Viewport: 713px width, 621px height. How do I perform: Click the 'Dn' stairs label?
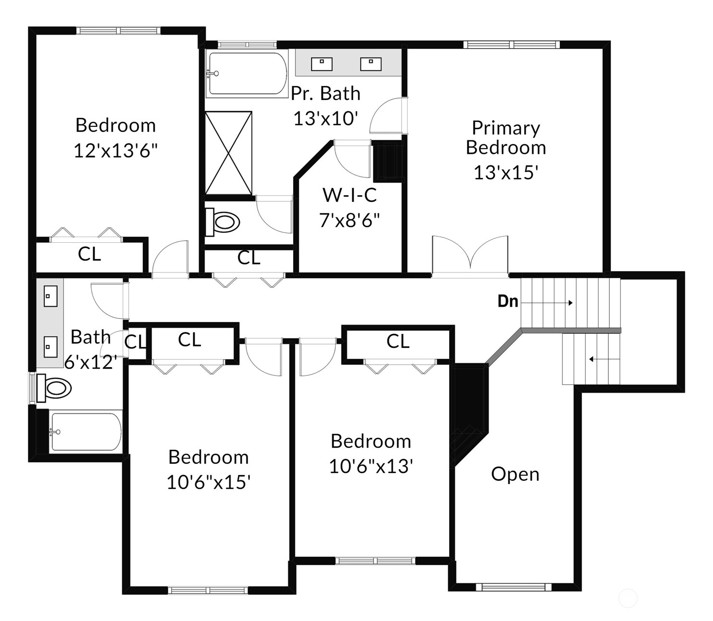point(507,301)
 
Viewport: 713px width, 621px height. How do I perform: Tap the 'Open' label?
point(515,474)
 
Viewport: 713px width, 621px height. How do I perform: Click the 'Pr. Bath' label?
point(325,93)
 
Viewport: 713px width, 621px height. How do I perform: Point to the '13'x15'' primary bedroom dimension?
point(506,172)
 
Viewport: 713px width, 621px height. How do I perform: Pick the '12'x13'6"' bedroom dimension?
point(116,151)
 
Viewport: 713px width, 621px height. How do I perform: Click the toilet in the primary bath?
point(222,222)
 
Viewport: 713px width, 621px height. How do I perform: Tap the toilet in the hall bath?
point(54,387)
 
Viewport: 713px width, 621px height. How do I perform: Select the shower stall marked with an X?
point(228,153)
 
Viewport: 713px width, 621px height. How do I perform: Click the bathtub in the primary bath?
point(247,73)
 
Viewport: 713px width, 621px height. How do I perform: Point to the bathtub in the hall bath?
point(86,432)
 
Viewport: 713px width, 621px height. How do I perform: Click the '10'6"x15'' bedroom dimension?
point(209,483)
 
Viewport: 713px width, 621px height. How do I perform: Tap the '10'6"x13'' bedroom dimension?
point(371,466)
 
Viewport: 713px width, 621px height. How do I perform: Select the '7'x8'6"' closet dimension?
point(349,220)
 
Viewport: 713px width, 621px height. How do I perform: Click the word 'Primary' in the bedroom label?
point(506,128)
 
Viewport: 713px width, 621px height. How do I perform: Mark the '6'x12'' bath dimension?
point(91,362)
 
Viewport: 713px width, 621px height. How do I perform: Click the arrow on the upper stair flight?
point(547,303)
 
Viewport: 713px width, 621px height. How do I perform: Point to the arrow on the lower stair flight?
point(604,359)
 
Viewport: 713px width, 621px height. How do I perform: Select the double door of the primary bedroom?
point(470,257)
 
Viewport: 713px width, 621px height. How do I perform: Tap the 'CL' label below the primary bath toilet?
point(249,258)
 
